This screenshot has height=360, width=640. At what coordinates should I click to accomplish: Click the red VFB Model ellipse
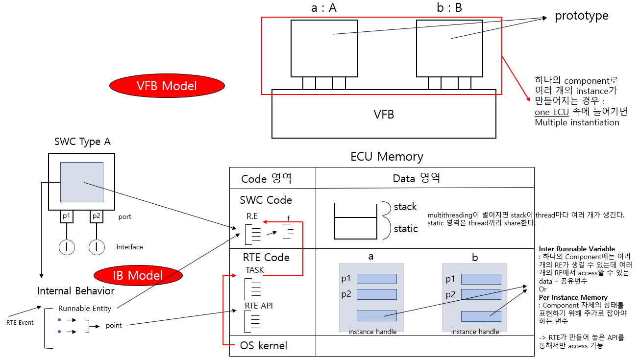(x=167, y=86)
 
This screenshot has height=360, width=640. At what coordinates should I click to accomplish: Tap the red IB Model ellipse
(x=138, y=275)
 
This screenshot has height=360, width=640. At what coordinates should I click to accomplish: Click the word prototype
(x=581, y=16)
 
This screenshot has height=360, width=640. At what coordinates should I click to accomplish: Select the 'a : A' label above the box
(x=324, y=8)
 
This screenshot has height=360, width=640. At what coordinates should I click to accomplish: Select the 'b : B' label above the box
(x=449, y=8)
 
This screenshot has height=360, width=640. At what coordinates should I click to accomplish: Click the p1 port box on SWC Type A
(x=67, y=216)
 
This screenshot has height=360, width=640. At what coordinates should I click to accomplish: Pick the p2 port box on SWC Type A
(x=96, y=216)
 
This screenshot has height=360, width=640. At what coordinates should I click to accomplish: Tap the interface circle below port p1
(x=67, y=247)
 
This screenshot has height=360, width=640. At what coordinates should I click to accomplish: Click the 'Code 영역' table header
(x=266, y=178)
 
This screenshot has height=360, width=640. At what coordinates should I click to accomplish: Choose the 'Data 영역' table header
(x=416, y=178)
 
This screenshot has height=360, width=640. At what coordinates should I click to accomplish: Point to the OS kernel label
(x=264, y=345)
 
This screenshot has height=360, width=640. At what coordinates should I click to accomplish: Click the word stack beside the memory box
(x=405, y=206)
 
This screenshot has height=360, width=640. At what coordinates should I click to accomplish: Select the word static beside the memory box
(x=406, y=228)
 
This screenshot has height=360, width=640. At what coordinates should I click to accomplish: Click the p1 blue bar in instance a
(x=376, y=279)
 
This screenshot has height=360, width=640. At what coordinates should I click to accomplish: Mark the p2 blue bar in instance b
(x=481, y=294)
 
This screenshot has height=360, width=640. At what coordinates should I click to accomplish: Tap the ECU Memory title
(x=387, y=156)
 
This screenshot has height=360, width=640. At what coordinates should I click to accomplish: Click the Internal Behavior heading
(x=76, y=291)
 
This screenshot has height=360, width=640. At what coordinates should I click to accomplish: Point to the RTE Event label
(x=20, y=323)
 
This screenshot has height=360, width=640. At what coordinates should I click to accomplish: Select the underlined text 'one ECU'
(x=552, y=112)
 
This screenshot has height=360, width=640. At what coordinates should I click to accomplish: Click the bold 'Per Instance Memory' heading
(x=573, y=297)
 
